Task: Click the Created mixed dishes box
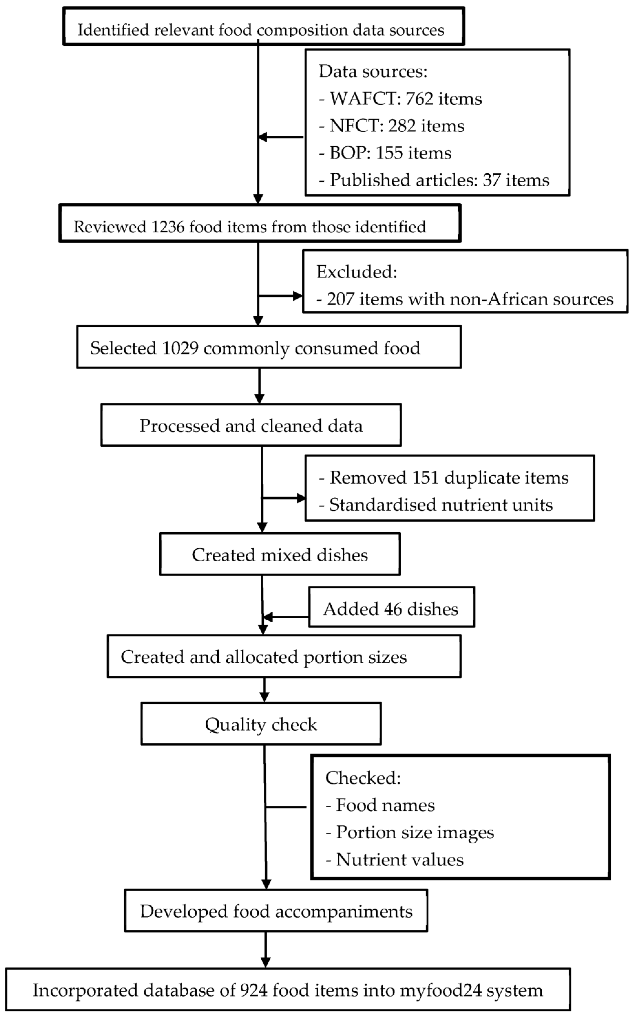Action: pyautogui.click(x=280, y=555)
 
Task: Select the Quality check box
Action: pyautogui.click(x=261, y=725)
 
